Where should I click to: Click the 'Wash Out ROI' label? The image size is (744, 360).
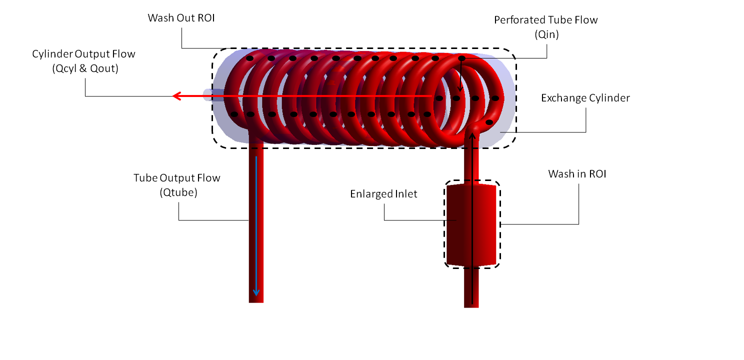[x=181, y=18]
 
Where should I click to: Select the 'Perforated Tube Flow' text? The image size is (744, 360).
[x=546, y=20]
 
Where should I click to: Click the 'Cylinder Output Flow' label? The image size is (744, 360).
[x=84, y=53]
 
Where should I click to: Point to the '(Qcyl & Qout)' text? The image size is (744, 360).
[x=84, y=68]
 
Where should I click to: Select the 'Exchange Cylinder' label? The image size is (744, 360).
[x=585, y=98]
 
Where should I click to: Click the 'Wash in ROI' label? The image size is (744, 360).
[x=577, y=174]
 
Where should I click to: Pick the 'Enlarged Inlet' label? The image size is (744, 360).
[x=383, y=194]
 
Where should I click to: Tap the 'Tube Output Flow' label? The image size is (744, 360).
[x=176, y=178]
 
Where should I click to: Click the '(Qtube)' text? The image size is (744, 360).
[x=178, y=193]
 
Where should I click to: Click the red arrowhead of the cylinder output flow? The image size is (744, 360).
[x=176, y=95]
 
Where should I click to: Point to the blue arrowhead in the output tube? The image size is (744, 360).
[x=256, y=293]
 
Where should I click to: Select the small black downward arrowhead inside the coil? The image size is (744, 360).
[x=460, y=89]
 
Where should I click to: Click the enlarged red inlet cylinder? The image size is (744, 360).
[x=471, y=225]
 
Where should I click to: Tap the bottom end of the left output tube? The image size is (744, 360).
[x=256, y=299]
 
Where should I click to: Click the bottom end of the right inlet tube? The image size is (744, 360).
[x=471, y=304]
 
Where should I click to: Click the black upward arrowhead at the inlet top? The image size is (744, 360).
[x=471, y=135]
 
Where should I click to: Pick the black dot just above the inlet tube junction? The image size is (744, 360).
[x=489, y=122]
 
